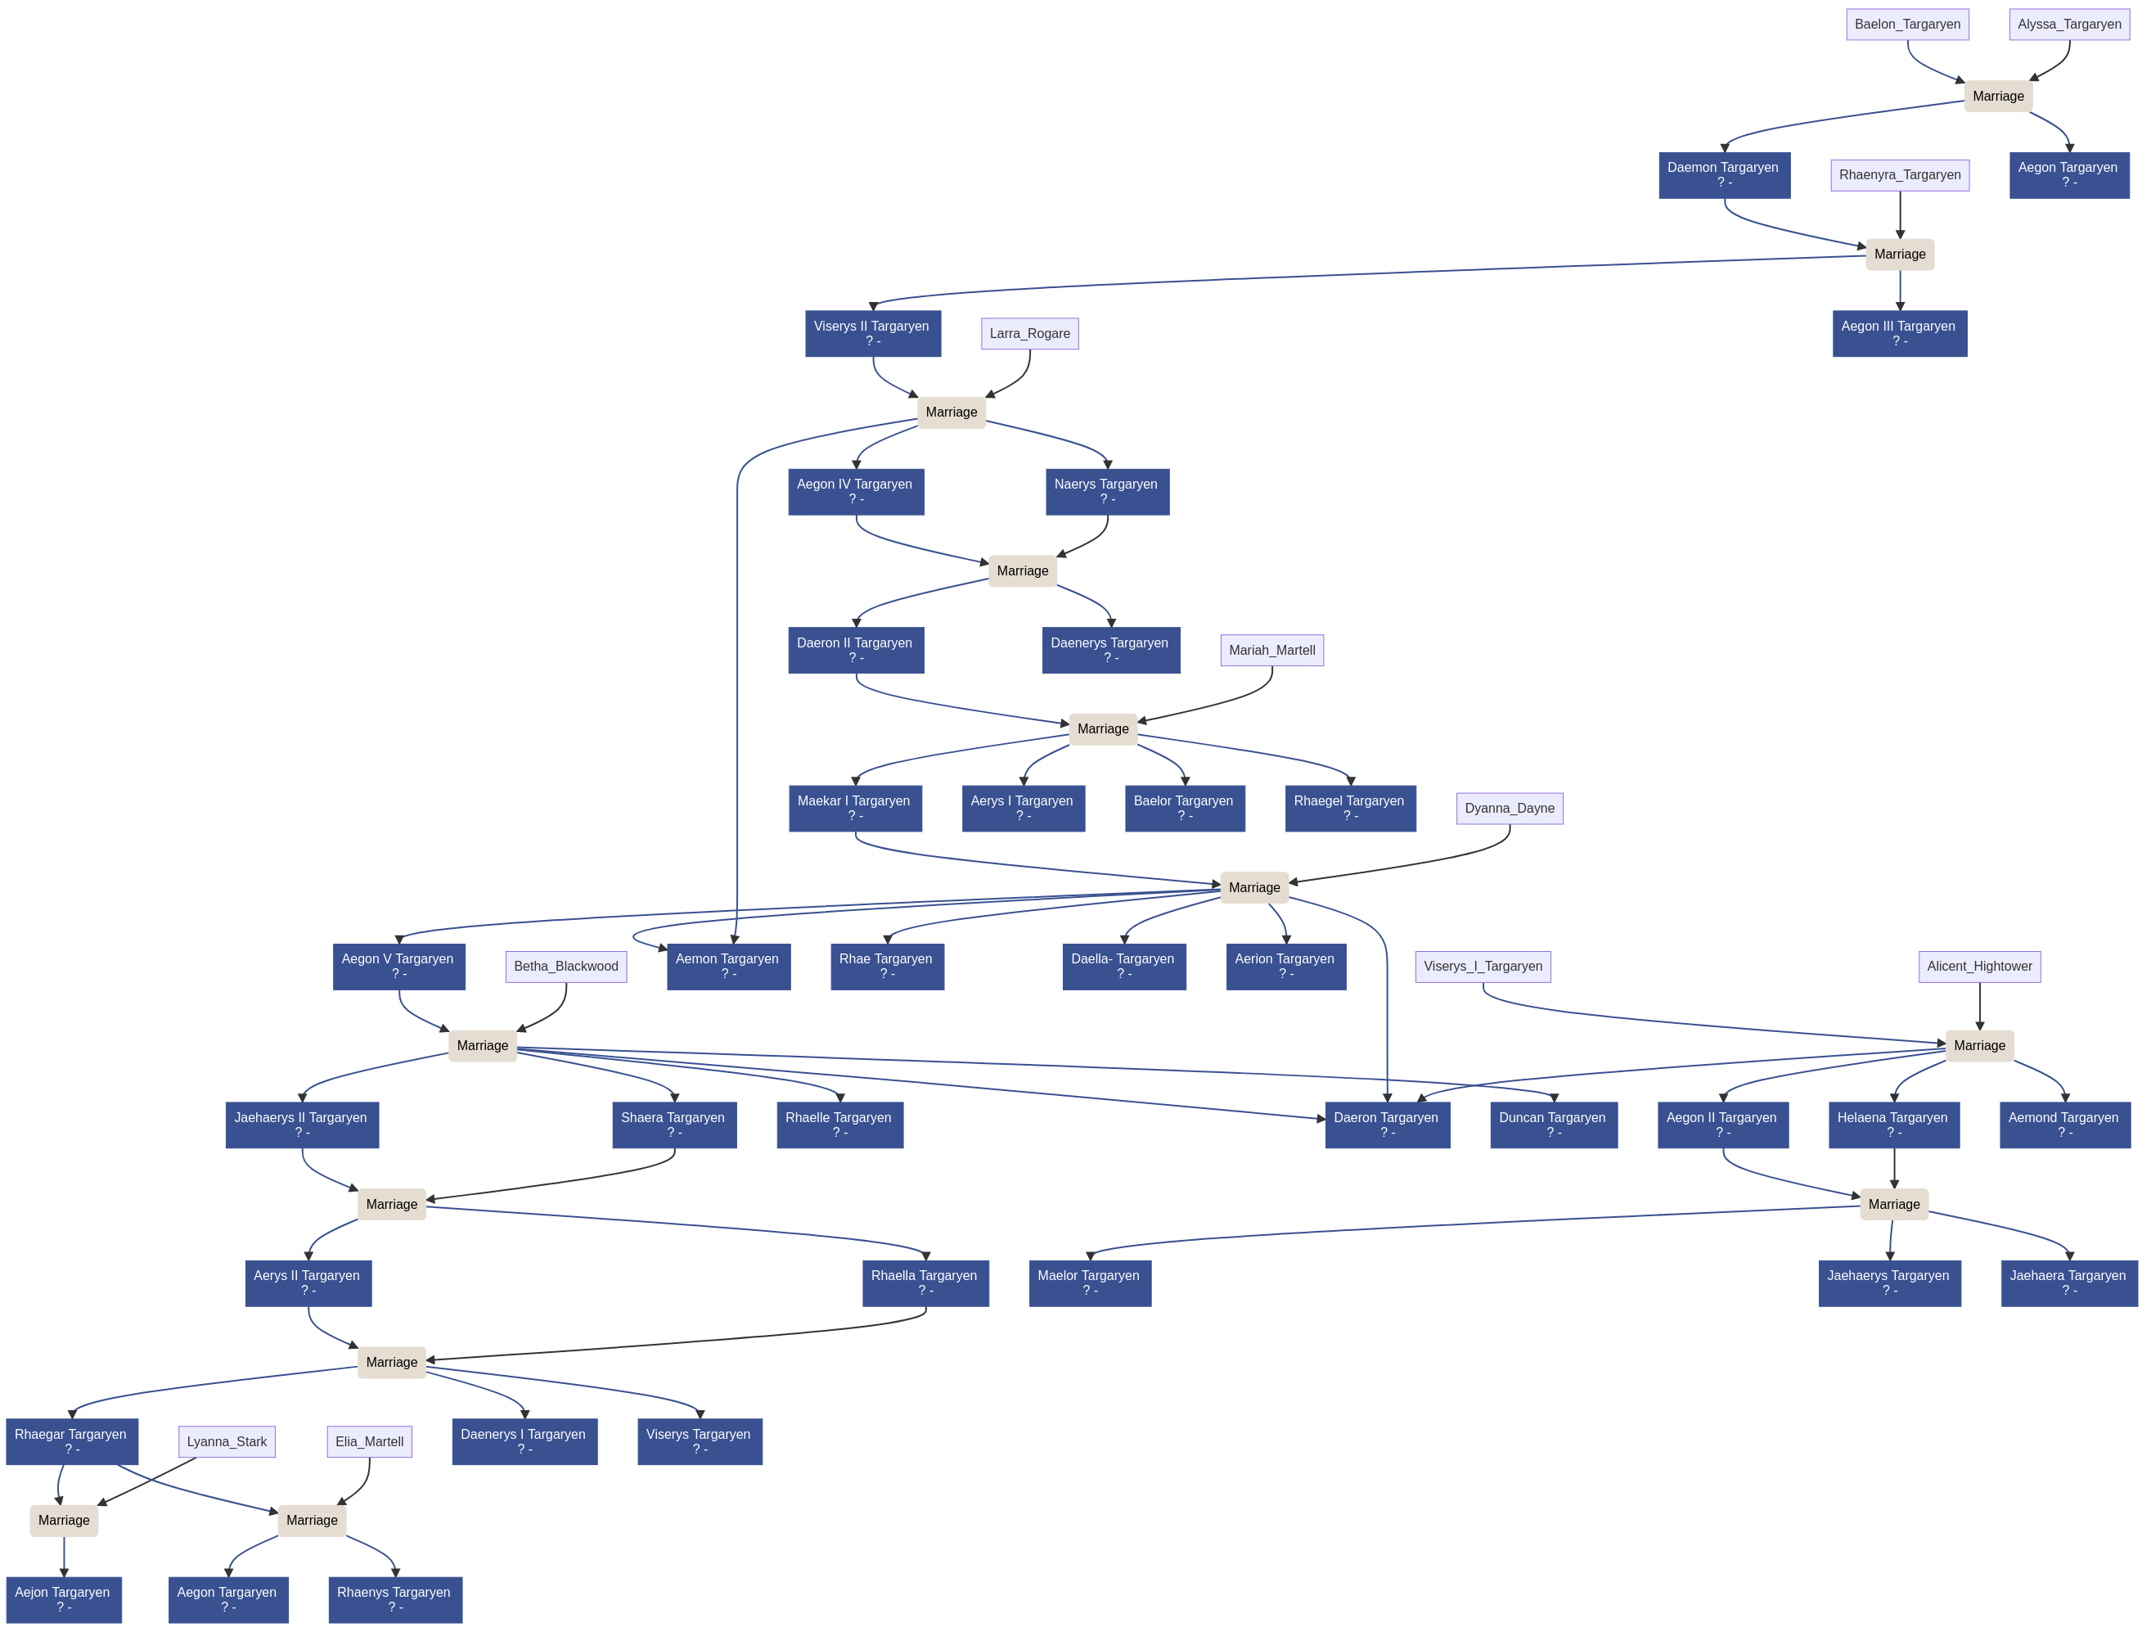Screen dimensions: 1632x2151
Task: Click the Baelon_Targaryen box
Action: (x=1907, y=25)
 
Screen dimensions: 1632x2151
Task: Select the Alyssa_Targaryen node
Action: (x=2068, y=25)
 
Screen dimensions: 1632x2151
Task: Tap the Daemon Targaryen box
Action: (x=1723, y=175)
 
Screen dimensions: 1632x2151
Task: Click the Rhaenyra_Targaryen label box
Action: (x=1899, y=175)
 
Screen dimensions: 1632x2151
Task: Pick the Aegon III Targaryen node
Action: (x=1898, y=334)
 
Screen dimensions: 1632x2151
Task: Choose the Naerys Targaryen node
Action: (x=1107, y=491)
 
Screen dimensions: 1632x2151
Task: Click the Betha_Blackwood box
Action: (x=565, y=966)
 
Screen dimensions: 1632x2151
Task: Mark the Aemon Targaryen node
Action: (x=727, y=966)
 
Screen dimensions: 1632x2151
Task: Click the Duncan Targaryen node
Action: (x=1553, y=1125)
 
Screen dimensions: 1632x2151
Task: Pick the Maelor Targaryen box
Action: (x=1089, y=1283)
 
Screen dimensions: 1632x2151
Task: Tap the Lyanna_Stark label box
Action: (x=227, y=1441)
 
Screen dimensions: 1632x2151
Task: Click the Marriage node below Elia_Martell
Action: (x=311, y=1520)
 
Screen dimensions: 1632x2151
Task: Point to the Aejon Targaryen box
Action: (x=63, y=1599)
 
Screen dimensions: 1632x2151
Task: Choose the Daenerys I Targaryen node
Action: (x=524, y=1441)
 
